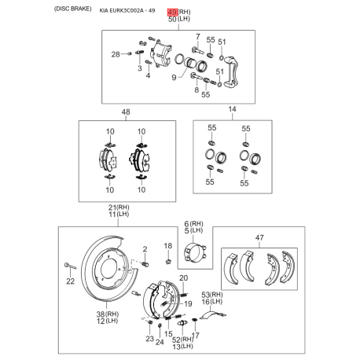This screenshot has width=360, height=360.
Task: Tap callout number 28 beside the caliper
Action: click(116, 54)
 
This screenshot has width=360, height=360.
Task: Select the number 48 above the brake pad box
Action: click(125, 112)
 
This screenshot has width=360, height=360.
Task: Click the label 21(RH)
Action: click(119, 206)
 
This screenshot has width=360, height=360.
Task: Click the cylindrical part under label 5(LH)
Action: click(193, 258)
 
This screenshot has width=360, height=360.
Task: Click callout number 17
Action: click(197, 335)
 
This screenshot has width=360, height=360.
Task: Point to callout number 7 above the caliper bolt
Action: click(196, 38)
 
